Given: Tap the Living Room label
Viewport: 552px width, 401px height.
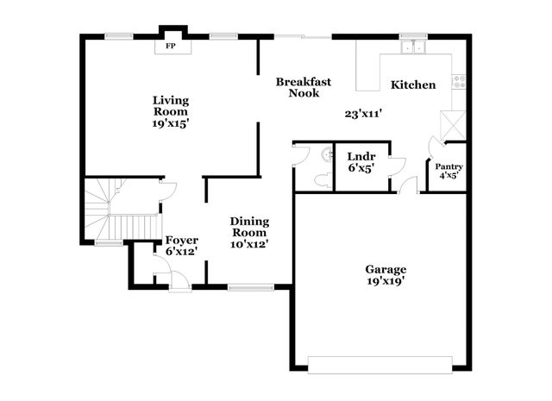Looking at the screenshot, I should tap(171, 105).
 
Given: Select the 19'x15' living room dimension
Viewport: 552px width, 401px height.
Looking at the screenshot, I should tap(171, 123).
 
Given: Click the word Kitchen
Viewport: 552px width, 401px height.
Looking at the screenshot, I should tap(413, 85).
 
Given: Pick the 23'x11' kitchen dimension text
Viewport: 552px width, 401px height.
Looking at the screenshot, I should tap(362, 113).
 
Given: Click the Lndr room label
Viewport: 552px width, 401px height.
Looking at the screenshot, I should tap(360, 156).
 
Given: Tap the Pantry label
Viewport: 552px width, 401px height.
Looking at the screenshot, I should tap(448, 166).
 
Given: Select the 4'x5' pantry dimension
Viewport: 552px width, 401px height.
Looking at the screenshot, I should tap(448, 175).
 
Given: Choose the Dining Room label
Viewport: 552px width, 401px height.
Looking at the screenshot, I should tap(248, 226).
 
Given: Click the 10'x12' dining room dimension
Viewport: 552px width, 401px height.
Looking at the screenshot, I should tap(248, 244).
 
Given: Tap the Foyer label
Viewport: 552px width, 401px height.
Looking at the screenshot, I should tap(181, 240).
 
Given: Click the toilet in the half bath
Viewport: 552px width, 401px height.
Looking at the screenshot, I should tap(325, 156).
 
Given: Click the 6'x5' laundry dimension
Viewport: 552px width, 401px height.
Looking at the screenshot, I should tap(360, 169).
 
